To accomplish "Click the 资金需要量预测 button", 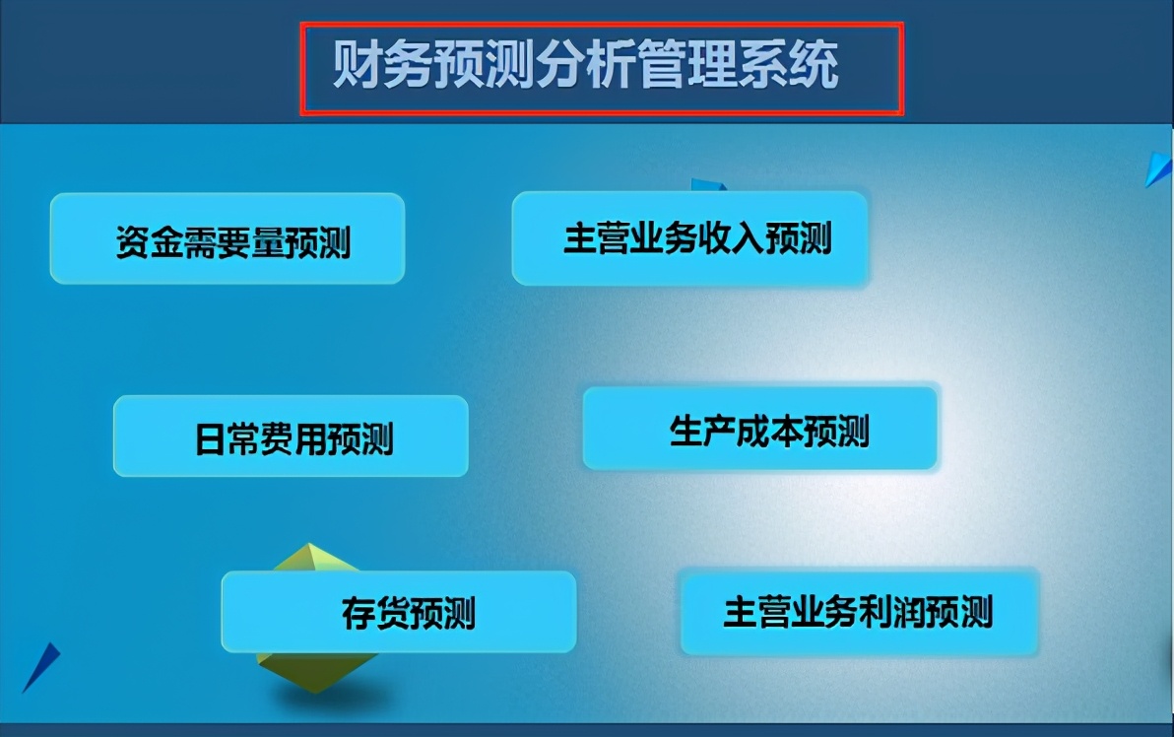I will [x=228, y=239].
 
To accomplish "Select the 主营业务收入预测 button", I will [x=689, y=238].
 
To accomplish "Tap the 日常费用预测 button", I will [x=291, y=436].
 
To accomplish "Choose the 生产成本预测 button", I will [x=759, y=429].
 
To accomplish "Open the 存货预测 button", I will [x=398, y=612].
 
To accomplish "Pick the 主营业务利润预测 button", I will [x=859, y=612].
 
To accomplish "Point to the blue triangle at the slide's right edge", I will [x=1159, y=169].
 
